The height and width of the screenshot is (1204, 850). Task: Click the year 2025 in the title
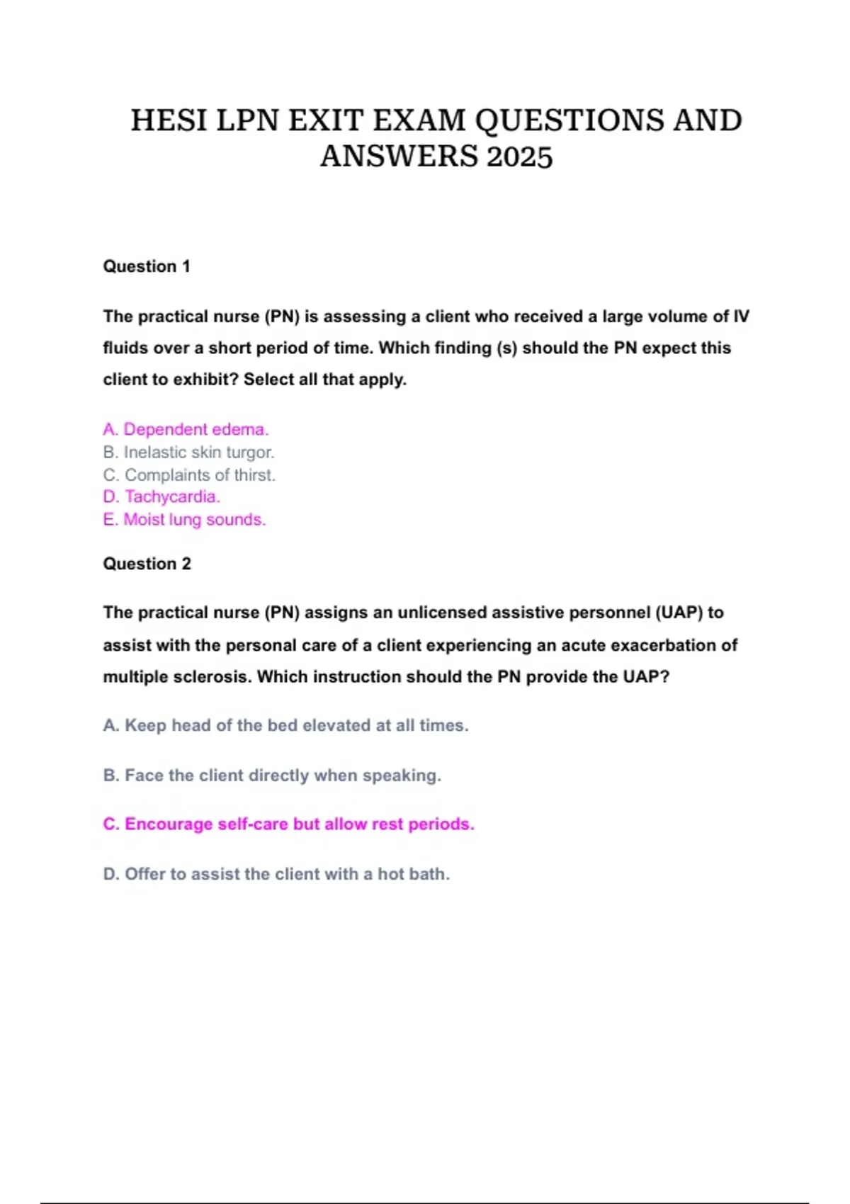click(x=519, y=157)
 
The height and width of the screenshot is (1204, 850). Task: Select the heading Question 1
click(x=147, y=266)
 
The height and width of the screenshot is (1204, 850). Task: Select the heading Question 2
click(x=147, y=564)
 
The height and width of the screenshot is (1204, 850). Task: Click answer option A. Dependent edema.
click(x=186, y=429)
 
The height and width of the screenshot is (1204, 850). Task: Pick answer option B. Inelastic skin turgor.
click(x=188, y=452)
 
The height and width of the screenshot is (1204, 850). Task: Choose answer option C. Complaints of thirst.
click(x=189, y=475)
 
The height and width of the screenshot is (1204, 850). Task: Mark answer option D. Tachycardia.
click(x=161, y=496)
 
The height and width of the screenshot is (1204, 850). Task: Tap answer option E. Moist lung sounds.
click(x=184, y=519)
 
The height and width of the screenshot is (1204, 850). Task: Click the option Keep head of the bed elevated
click(x=285, y=725)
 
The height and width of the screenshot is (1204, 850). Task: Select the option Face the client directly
click(x=272, y=776)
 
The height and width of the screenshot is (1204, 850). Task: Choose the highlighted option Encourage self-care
click(x=288, y=824)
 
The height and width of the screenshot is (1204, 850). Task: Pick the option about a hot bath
click(x=276, y=874)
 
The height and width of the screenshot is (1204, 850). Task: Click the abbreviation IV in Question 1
click(x=741, y=317)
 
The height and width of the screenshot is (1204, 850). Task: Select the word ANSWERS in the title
click(x=399, y=157)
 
